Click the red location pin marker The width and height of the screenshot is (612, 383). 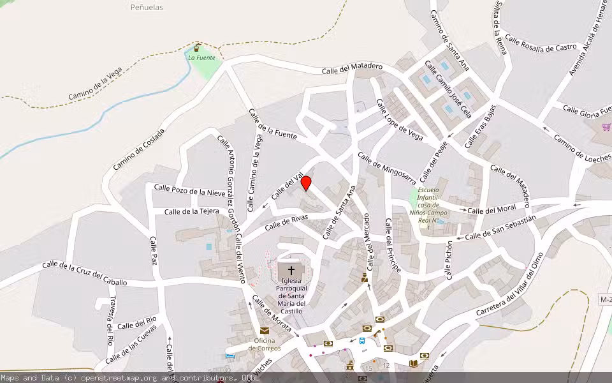(x=306, y=183)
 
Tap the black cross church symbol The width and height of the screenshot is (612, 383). (x=291, y=270)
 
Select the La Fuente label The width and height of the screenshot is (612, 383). (x=201, y=57)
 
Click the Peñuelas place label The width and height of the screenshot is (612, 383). (x=147, y=8)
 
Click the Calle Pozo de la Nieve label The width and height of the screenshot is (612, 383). (x=189, y=190)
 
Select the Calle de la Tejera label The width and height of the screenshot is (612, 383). (x=192, y=211)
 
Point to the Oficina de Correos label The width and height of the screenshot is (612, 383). (x=265, y=344)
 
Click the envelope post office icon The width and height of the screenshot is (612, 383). (x=265, y=330)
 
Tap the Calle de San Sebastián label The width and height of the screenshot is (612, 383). (x=500, y=227)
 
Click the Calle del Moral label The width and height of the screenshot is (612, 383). (x=492, y=210)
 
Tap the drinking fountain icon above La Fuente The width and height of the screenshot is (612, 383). (x=197, y=47)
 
